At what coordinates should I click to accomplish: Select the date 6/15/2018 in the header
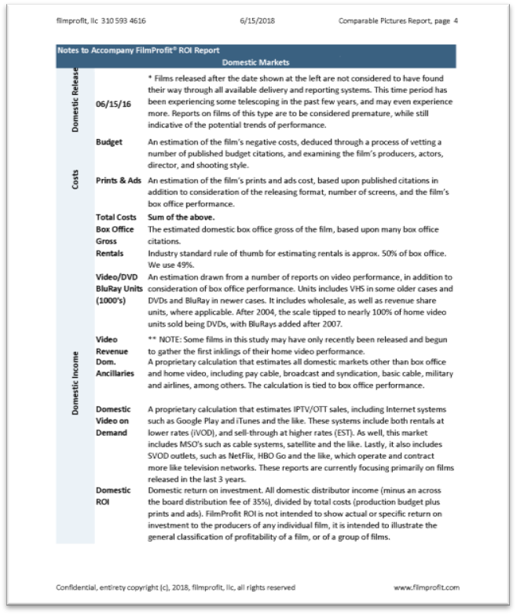click(257, 20)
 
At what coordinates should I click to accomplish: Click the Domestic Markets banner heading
click(256, 61)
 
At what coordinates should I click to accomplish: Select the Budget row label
click(108, 142)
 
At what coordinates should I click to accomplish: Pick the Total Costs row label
click(115, 216)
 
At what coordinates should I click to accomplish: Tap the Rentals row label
click(110, 254)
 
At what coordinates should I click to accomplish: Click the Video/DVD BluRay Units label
click(119, 289)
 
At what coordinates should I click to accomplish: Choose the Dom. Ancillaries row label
click(115, 369)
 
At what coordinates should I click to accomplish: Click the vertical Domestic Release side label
click(75, 100)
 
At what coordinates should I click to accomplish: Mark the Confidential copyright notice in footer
click(176, 587)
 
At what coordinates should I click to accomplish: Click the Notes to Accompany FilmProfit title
click(137, 49)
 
